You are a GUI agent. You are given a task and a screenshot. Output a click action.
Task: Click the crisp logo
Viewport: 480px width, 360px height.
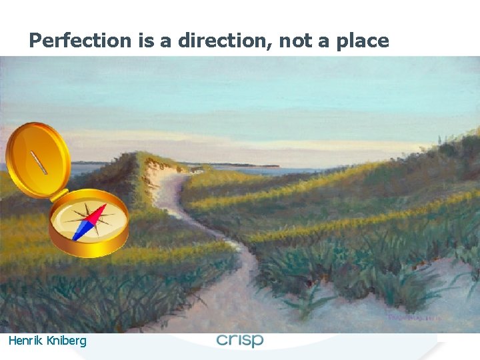pyautogui.click(x=240, y=340)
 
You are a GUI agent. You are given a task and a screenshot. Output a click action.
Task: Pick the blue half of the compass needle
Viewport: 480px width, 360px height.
pyautogui.click(x=81, y=230)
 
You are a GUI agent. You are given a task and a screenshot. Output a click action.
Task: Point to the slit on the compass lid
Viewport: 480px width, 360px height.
pyautogui.click(x=38, y=161)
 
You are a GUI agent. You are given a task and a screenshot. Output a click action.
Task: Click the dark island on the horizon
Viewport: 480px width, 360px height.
pyautogui.click(x=253, y=165)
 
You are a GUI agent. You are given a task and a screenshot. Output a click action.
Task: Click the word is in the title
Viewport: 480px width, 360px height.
pyautogui.click(x=146, y=41)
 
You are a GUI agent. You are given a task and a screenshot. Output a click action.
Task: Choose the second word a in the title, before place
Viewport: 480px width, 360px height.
pyautogui.click(x=324, y=41)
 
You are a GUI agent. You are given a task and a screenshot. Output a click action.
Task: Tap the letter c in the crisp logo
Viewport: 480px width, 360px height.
pyautogui.click(x=223, y=340)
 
